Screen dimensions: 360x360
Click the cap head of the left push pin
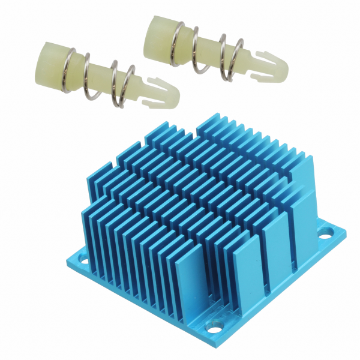click(53, 58)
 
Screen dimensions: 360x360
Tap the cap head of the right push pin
click(158, 37)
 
